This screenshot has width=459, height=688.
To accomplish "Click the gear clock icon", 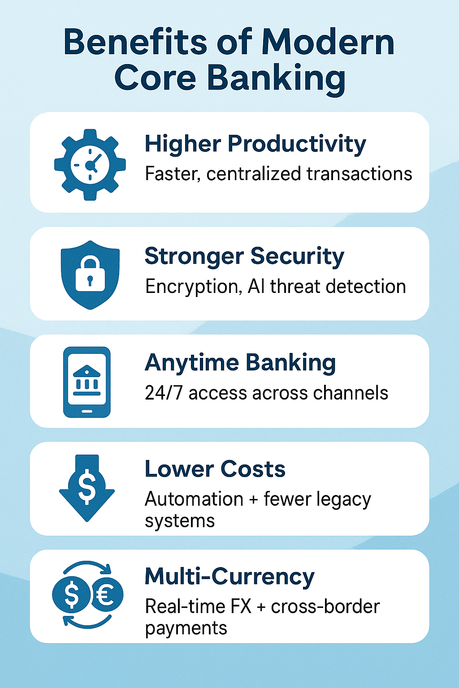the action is tap(90, 165).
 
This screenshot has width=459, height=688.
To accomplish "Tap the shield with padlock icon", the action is tap(90, 275).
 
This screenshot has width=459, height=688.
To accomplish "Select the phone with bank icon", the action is tap(87, 382).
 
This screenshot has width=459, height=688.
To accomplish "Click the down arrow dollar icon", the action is tap(87, 488).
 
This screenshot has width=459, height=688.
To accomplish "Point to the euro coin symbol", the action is tap(107, 594).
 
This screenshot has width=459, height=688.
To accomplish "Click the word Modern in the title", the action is tap(328, 42).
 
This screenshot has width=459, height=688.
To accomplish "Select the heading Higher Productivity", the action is tap(255, 145).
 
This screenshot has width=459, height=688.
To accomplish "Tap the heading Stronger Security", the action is tap(244, 257).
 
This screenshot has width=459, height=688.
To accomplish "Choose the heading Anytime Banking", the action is tap(240, 363).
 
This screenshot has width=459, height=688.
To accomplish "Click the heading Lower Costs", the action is tap(215, 469).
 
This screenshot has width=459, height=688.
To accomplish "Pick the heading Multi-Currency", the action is tap(229, 576).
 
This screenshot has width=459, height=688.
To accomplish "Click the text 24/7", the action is tap(164, 393).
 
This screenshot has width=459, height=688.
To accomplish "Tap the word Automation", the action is tap(194, 499).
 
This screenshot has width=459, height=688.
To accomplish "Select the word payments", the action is tap(186, 628).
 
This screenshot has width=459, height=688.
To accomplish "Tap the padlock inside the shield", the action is tap(90, 275).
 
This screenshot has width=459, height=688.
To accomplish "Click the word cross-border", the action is tap(325, 607).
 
